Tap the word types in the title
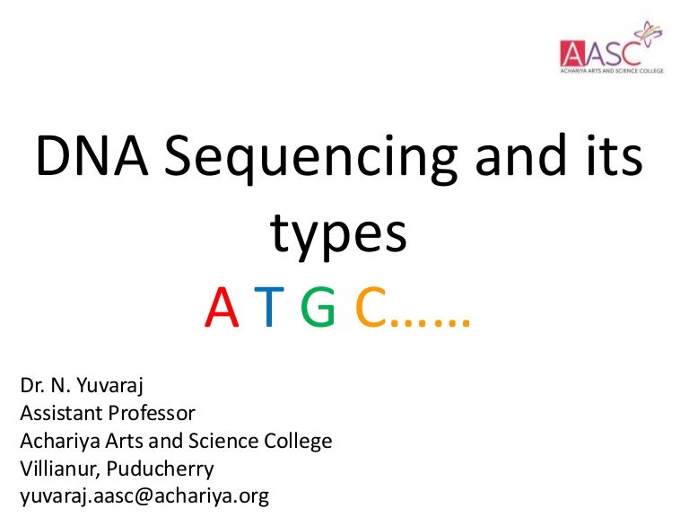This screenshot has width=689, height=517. tap(339, 234)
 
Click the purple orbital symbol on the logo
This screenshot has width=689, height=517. tap(646, 36)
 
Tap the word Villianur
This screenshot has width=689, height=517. tap(57, 468)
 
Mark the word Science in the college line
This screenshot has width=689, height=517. tap(231, 441)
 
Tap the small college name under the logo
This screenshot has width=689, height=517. tap(611, 68)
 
